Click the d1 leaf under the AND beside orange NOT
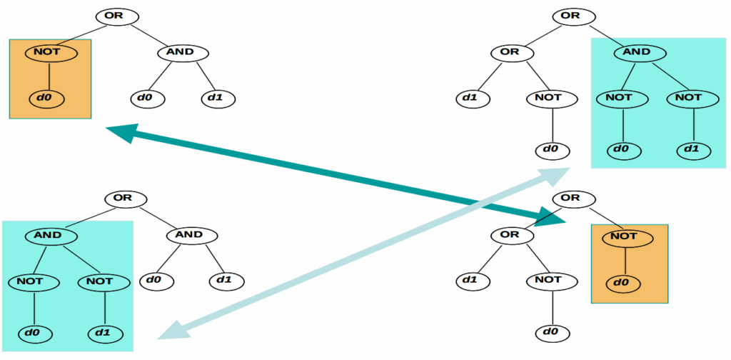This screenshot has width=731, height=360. pos(218,97)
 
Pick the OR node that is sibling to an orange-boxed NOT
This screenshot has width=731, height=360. pos(510,235)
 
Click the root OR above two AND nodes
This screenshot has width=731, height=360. pos(123,198)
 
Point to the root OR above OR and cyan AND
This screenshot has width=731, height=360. pos(570,16)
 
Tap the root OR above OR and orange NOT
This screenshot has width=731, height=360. pos(570,198)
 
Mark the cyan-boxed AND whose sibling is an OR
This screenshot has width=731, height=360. pos(637,52)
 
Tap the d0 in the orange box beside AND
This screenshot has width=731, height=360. pos(47,97)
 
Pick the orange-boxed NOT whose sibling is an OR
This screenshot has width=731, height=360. pos(624,236)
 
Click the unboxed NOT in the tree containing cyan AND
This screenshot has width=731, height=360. pos(547,97)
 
